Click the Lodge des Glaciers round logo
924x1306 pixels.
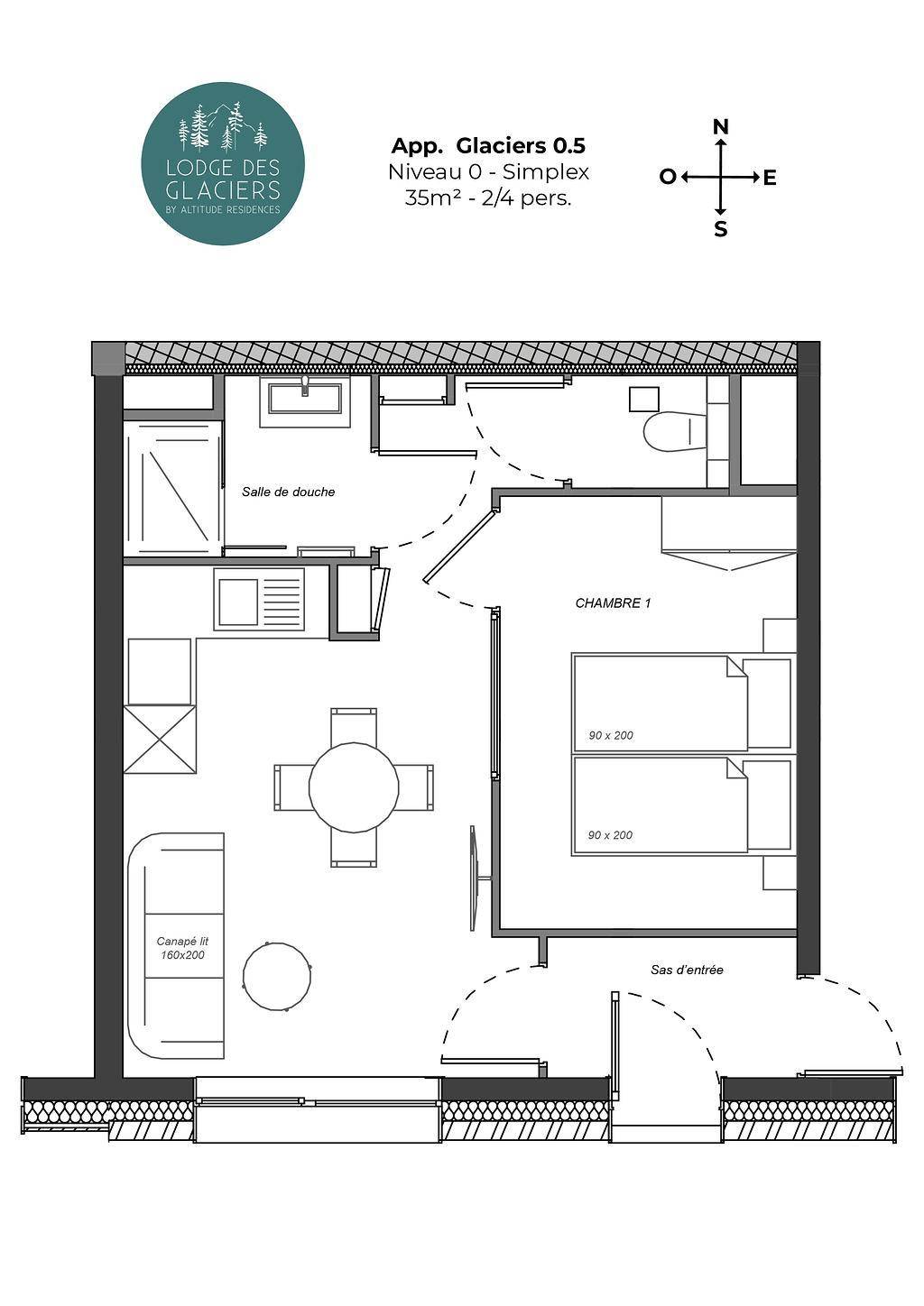click(222, 163)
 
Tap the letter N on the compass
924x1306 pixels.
click(722, 126)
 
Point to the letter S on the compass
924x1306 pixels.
click(721, 230)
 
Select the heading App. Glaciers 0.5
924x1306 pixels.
click(488, 146)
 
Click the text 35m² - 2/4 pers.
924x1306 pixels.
click(488, 198)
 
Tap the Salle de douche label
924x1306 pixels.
click(288, 492)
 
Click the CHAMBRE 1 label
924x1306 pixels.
click(613, 602)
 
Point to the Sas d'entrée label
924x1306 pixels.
click(687, 970)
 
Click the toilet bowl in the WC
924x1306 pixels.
click(674, 432)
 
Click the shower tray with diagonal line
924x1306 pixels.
click(173, 489)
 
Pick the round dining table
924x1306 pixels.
click(354, 787)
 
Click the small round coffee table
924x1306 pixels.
click(277, 976)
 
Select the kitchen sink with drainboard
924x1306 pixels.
click(259, 600)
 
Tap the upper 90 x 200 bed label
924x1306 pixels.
click(611, 735)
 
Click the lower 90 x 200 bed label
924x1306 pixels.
click(610, 835)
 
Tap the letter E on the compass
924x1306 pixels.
click(770, 178)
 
